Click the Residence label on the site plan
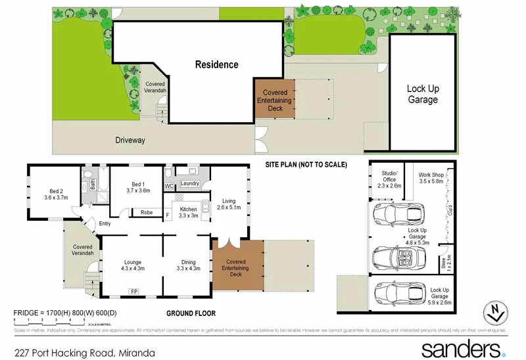(216, 64)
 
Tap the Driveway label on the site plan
(130, 140)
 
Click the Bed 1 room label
(138, 187)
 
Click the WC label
(168, 186)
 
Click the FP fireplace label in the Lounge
(134, 290)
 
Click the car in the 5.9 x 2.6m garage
(395, 294)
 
